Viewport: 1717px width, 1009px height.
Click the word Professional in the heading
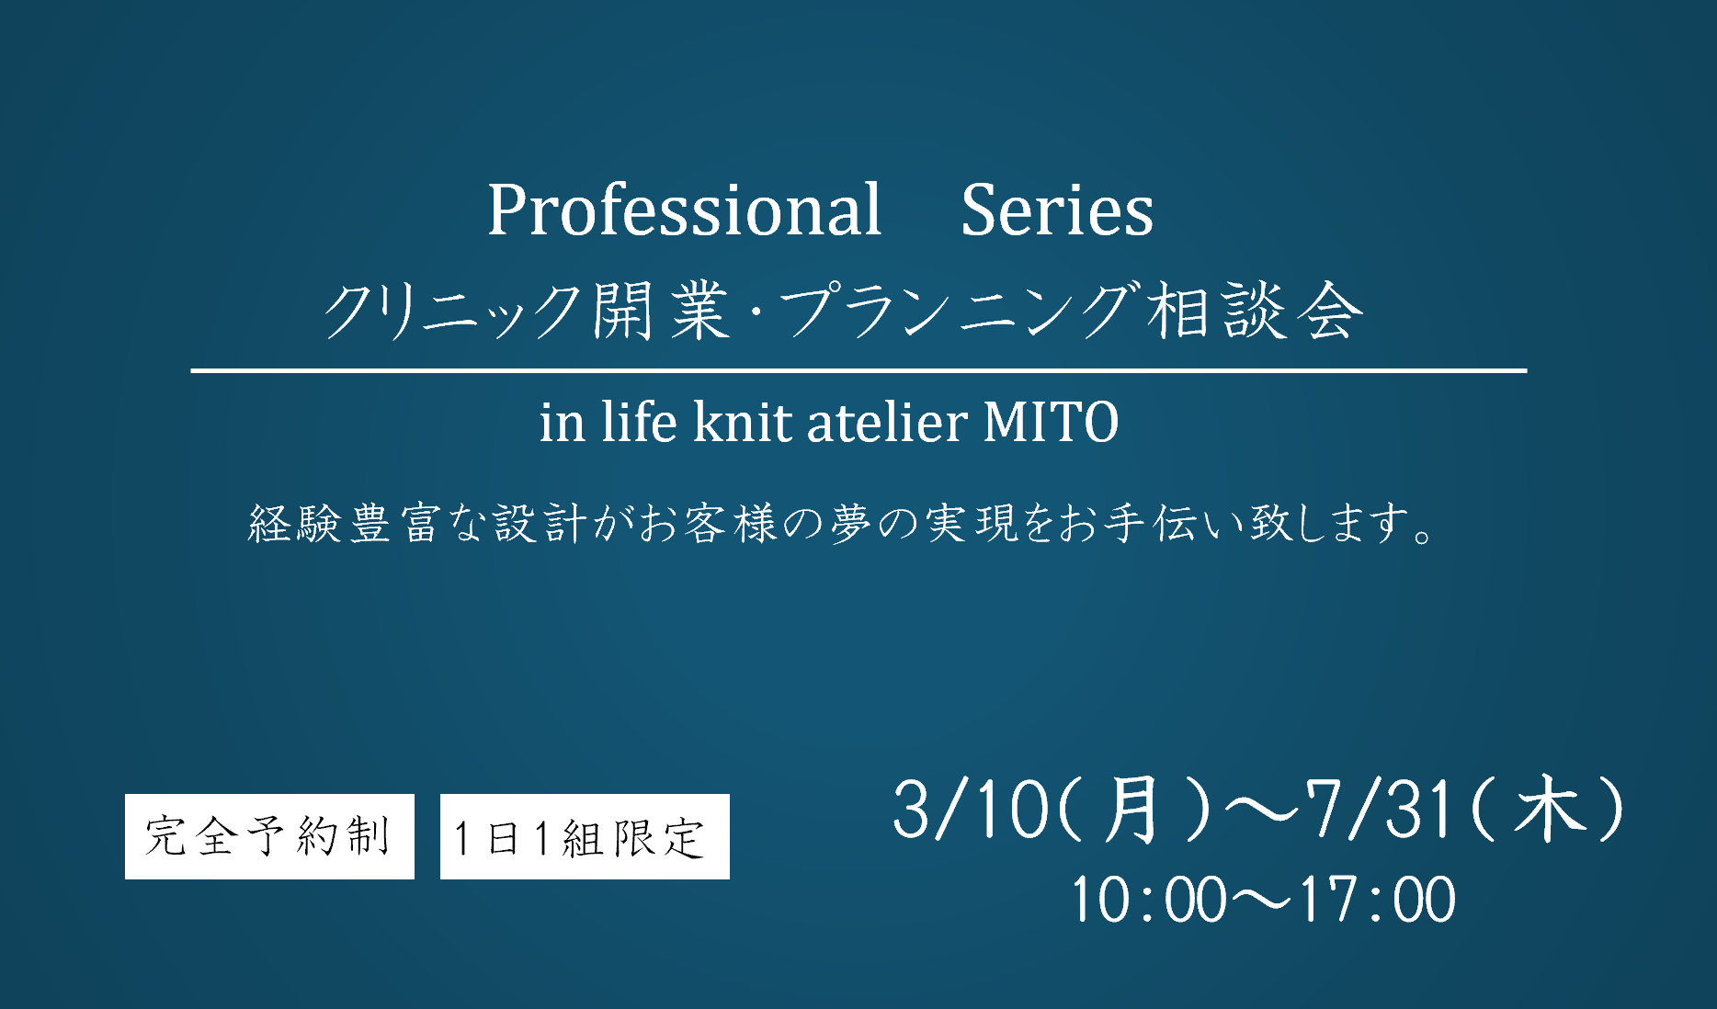click(x=684, y=210)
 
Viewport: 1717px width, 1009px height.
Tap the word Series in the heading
click(x=1057, y=210)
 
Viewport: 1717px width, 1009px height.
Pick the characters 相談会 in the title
click(x=1254, y=311)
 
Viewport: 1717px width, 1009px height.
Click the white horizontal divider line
click(x=858, y=370)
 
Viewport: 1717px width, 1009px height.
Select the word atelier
click(x=887, y=422)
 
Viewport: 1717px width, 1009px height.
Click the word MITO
click(x=1051, y=422)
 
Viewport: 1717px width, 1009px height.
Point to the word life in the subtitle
click(x=640, y=422)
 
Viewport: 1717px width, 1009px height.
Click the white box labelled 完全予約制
click(x=269, y=836)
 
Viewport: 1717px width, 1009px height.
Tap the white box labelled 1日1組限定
click(x=585, y=836)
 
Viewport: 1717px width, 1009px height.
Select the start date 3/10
click(x=972, y=810)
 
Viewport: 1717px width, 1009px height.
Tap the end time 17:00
click(x=1378, y=899)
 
